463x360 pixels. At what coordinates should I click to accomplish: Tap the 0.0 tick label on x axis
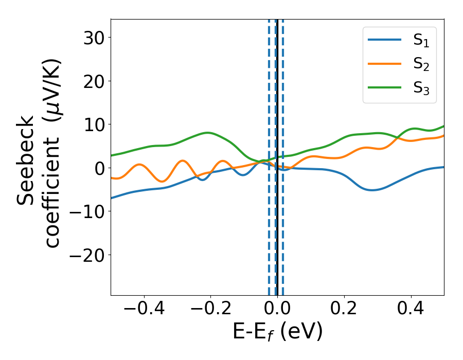pos(277,310)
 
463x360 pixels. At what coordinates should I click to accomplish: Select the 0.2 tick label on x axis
pos(344,310)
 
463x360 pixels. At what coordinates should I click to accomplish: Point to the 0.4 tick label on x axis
pos(411,310)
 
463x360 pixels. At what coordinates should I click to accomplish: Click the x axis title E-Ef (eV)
pos(277,332)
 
